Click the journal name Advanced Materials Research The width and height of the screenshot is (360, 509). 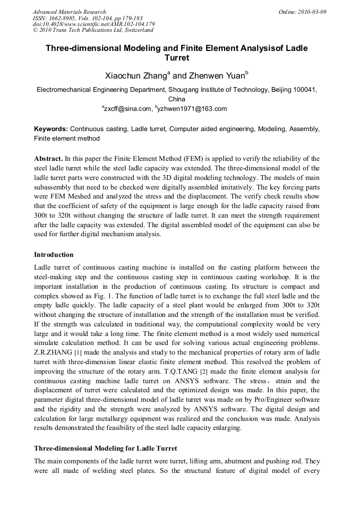69,12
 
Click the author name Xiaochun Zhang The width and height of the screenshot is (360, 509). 135,76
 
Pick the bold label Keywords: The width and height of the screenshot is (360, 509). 51,129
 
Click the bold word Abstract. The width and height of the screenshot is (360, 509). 48,159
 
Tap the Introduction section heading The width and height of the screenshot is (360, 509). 54,255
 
